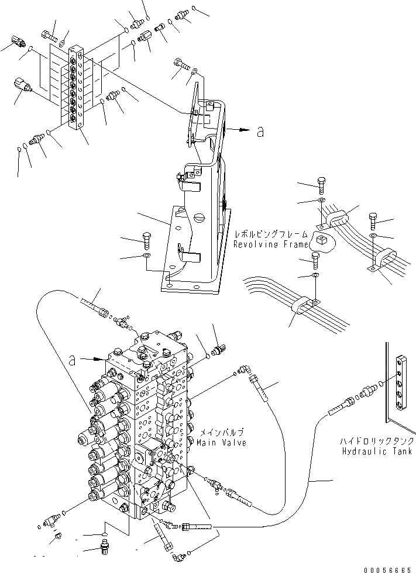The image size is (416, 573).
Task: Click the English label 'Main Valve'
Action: (223, 443)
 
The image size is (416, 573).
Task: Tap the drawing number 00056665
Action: (387, 568)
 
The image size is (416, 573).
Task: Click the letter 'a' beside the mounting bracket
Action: (260, 133)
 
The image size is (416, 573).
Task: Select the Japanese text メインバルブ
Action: (221, 433)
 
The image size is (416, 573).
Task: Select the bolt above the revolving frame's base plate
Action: (146, 239)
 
